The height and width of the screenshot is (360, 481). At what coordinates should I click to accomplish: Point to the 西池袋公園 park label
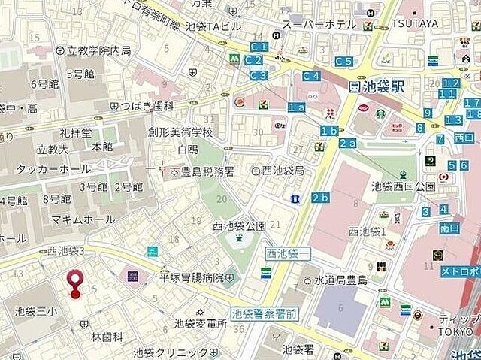coord(239,225)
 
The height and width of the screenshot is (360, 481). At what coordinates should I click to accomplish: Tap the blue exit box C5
coord(344,61)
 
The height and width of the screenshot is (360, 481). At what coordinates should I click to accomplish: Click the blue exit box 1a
coord(296,107)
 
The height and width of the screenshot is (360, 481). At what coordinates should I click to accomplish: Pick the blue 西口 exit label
coord(464,138)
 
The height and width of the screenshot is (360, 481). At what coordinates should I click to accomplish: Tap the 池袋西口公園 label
coord(403,186)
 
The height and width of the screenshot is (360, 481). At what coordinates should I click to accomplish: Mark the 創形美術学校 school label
coord(180,132)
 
